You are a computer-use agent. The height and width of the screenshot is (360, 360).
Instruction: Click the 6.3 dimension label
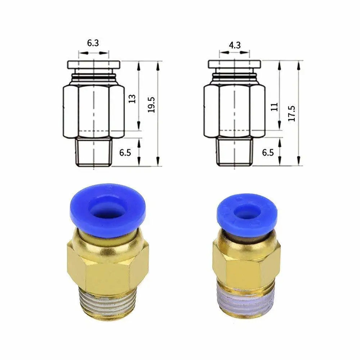[x=93, y=43]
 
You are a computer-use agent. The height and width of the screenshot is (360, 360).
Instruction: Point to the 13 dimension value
[x=132, y=99]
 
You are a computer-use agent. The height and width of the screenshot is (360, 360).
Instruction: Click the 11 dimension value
[x=274, y=107]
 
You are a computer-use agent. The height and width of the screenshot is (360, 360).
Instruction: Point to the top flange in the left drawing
[x=94, y=65]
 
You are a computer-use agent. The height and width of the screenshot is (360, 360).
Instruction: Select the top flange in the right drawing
[x=235, y=65]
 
